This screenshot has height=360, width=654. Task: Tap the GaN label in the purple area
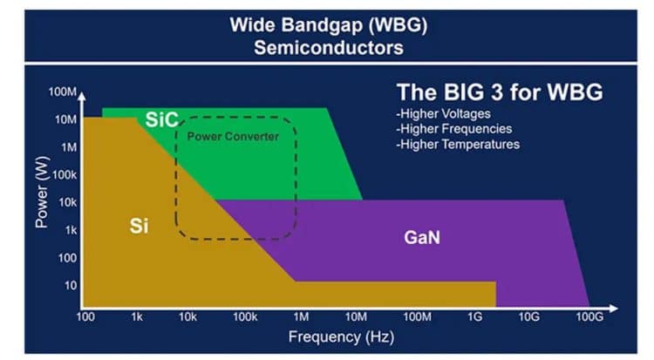point(422,236)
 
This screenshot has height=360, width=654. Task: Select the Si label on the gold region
point(139,226)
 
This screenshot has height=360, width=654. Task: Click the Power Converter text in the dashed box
point(234,137)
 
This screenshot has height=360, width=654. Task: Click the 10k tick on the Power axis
point(66,202)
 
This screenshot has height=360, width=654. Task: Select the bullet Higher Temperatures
point(457,144)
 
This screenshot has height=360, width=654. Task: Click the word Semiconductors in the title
point(328,48)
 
